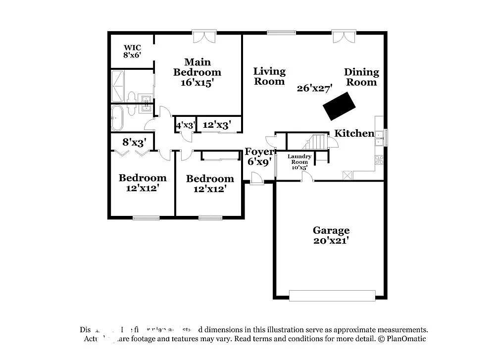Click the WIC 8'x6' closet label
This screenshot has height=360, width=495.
132,51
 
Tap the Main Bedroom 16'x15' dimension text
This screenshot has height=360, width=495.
197,72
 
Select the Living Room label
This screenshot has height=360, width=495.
269,76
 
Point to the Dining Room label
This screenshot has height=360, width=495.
361,77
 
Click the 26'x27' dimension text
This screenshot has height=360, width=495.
314,89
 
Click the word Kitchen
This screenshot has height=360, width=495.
354,133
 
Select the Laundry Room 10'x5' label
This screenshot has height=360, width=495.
300,162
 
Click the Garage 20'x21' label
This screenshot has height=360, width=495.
331,235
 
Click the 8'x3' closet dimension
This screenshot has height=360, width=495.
134,143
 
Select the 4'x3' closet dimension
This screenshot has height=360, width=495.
186,125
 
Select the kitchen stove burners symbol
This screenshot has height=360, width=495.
380,159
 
